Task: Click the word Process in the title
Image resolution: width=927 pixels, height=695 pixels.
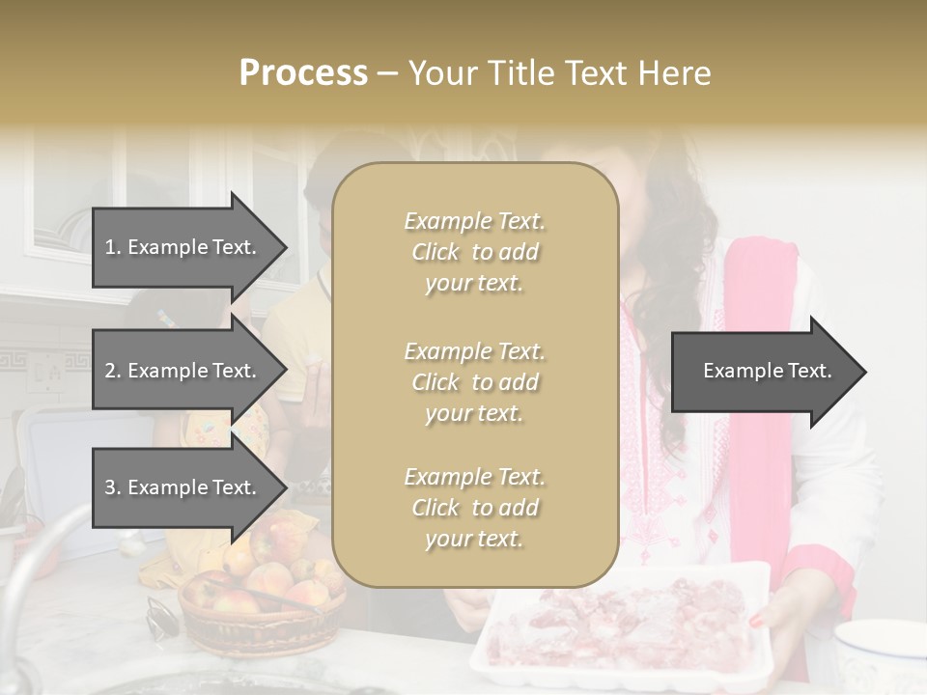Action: click(x=303, y=73)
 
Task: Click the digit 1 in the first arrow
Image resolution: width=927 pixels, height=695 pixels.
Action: click(x=109, y=247)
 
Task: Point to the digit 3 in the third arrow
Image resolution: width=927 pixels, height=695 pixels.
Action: click(x=109, y=487)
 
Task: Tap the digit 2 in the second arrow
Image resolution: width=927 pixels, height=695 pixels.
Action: click(x=109, y=371)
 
